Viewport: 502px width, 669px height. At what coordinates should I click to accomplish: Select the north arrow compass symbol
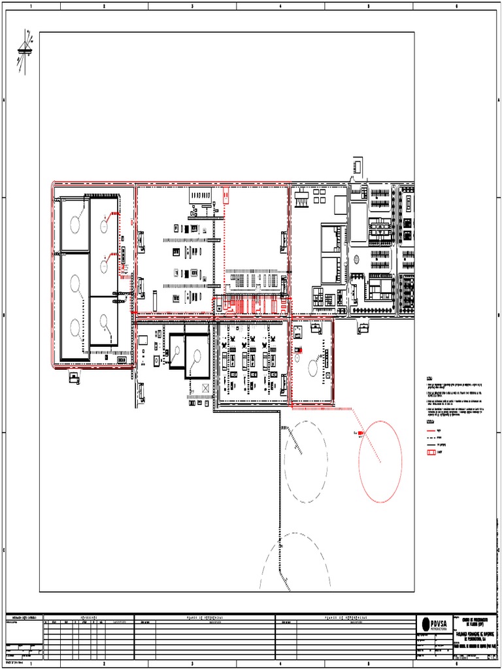(x=26, y=49)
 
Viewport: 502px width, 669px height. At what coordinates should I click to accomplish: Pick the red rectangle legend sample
(x=432, y=451)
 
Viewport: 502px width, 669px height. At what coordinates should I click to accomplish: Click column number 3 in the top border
(x=192, y=7)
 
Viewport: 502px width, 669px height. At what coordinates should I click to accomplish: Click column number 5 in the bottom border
(x=368, y=664)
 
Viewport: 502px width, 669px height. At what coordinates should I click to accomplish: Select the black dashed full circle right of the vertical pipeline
(x=303, y=461)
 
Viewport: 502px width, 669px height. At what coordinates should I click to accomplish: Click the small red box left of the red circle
(x=361, y=433)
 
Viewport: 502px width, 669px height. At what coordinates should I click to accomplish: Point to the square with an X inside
(x=205, y=389)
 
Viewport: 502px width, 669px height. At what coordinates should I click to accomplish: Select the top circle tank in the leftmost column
(x=75, y=223)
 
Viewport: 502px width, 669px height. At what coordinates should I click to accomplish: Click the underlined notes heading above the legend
(x=429, y=378)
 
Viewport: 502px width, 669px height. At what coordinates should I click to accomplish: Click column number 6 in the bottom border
(x=456, y=664)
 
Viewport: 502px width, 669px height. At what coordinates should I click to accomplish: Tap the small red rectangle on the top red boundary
(x=226, y=193)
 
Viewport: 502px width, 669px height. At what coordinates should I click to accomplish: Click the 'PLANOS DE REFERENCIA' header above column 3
(x=204, y=616)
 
